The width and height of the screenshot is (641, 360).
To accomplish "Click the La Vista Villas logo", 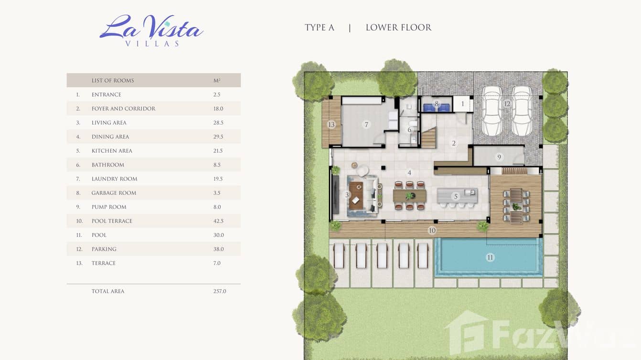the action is click(x=151, y=31).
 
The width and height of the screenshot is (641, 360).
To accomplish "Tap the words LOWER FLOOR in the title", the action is click(x=398, y=28).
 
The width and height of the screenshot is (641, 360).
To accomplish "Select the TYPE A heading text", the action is click(x=320, y=28).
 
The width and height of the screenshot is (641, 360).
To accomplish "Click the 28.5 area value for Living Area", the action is click(x=218, y=123).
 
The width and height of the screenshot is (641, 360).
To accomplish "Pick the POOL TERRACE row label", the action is click(x=112, y=221).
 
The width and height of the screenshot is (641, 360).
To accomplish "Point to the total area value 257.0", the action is click(x=220, y=291).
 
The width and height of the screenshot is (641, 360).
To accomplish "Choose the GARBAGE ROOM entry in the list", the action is click(x=114, y=193).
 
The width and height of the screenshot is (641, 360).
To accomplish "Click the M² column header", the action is click(x=217, y=80).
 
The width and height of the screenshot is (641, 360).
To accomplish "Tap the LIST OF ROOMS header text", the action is click(x=113, y=81).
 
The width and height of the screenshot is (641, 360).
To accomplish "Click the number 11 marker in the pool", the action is click(x=490, y=258).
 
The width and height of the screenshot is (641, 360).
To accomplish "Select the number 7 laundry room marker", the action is click(x=366, y=125).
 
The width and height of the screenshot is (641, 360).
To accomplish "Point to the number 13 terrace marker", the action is click(x=331, y=125).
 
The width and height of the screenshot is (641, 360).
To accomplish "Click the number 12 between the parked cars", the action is click(x=507, y=104).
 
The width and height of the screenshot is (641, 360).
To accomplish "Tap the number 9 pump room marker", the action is click(x=499, y=157).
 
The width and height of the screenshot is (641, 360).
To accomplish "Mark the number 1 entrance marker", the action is click(x=463, y=104).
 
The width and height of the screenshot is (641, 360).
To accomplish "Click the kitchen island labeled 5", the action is click(x=457, y=196).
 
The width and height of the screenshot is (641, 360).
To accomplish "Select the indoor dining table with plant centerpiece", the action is click(x=410, y=196).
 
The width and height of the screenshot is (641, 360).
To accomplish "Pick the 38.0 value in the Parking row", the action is click(x=218, y=249).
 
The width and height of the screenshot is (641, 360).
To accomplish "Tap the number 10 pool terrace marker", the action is click(x=432, y=231).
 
